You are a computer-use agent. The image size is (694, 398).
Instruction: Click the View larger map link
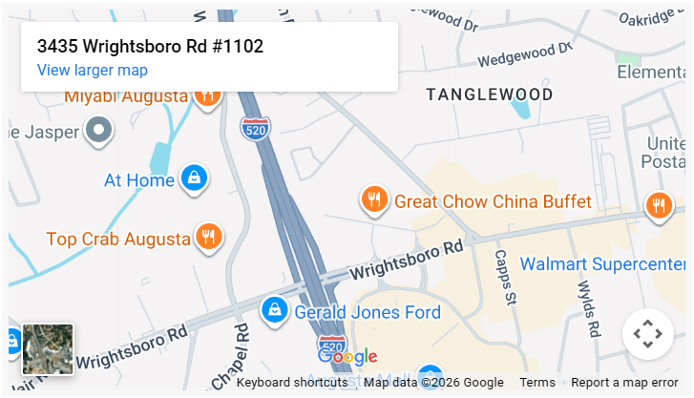coord(92,70)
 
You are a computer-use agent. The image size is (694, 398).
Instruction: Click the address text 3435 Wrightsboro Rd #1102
coord(150,46)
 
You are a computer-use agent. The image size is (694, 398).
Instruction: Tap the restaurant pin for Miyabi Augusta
coord(207,94)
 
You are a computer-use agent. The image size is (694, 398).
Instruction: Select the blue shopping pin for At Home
coord(194,178)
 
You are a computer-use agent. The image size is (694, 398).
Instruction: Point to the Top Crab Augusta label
coord(118,239)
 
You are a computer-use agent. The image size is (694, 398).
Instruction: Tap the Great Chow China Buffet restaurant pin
coord(372,199)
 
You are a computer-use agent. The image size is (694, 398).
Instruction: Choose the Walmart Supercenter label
coord(602,263)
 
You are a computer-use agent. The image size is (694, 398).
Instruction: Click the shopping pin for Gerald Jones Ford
coord(275,309)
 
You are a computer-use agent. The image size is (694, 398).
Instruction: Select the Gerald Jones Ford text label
coord(368,312)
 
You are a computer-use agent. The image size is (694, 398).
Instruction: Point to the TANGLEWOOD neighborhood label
coord(489,94)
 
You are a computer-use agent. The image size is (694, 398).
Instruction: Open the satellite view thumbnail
coord(48,349)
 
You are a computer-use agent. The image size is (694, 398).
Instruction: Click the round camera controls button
coord(648,334)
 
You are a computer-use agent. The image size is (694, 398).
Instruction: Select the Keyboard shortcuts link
coord(291,383)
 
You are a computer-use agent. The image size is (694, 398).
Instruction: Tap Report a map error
coord(624,383)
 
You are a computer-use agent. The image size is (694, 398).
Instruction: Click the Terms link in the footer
coord(537,383)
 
